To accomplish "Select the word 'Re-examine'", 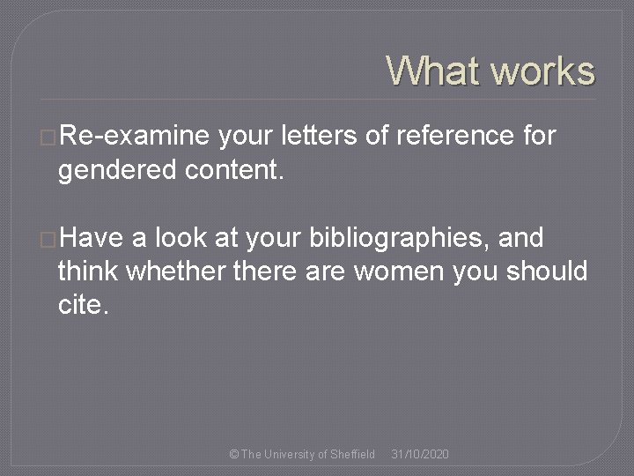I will pyautogui.click(x=133, y=138).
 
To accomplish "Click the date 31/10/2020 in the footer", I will pyautogui.click(x=420, y=454).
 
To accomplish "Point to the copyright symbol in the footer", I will pyautogui.click(x=232, y=454).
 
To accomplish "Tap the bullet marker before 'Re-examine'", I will pyautogui.click(x=48, y=138).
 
